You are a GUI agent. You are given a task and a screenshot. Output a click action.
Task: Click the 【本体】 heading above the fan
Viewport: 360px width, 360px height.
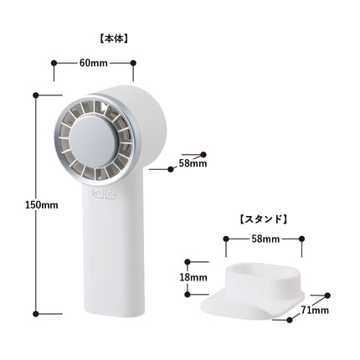[x=114, y=39]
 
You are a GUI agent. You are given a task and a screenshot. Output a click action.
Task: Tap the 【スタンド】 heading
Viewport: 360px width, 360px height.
[x=264, y=219]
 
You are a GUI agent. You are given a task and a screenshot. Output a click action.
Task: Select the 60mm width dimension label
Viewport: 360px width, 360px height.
[x=94, y=63]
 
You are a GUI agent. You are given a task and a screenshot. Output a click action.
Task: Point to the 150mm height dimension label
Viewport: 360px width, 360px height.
[x=42, y=205]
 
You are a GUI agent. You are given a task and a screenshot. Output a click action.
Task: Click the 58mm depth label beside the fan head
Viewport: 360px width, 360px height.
[x=193, y=163]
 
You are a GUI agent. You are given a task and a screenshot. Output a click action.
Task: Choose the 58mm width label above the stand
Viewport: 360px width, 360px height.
[x=265, y=239]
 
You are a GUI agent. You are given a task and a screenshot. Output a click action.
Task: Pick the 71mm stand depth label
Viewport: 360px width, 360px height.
[x=315, y=310]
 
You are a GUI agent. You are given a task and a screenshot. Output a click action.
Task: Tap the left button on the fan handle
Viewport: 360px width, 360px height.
[x=98, y=193]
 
